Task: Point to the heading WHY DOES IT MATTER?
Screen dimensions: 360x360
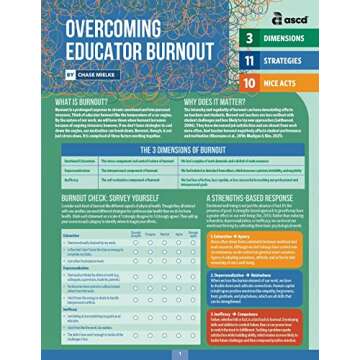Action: click(214, 102)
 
